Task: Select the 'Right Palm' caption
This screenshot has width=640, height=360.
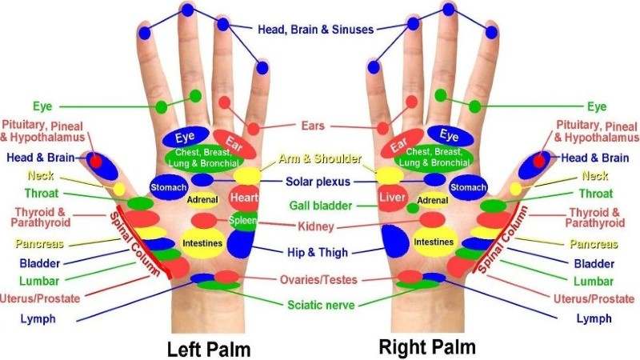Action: point(426,347)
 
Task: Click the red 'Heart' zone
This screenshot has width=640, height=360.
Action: point(243,197)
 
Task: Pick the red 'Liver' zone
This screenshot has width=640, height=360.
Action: point(393,197)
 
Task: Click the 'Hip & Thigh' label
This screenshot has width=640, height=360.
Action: point(318,253)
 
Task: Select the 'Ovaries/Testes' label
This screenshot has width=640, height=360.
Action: point(318,280)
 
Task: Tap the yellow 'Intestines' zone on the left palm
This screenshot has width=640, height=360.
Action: point(201,242)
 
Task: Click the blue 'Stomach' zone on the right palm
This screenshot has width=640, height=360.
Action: point(468,187)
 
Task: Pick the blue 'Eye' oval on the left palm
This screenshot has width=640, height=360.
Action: point(186,135)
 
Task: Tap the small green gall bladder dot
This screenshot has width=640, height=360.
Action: point(413,208)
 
